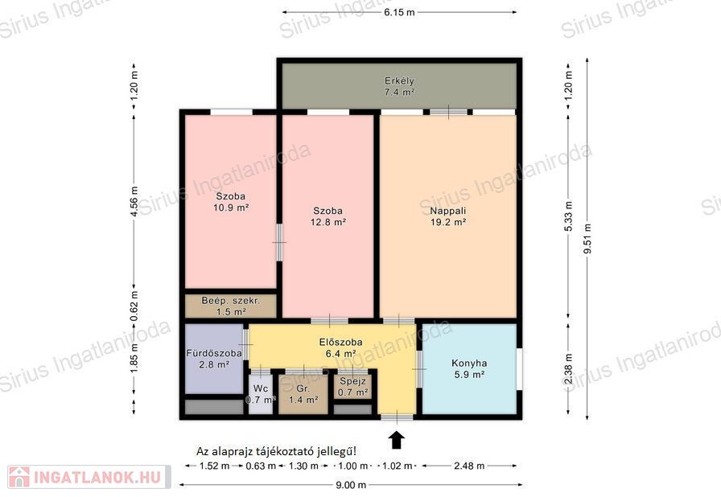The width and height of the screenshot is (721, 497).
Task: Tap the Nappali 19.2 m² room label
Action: tap(448, 216)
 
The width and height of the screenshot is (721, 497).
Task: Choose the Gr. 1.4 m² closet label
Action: tap(303, 394)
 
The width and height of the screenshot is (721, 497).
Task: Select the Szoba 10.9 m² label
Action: tap(231, 202)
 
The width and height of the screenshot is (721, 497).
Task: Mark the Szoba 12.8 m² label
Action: tap(328, 216)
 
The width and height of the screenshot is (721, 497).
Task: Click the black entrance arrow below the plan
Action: tap(398, 439)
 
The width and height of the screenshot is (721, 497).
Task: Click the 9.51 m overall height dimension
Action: tap(587, 238)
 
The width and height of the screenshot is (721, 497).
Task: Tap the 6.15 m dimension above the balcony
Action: tap(399, 12)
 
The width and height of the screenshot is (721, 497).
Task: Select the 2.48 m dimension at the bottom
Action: tap(469, 466)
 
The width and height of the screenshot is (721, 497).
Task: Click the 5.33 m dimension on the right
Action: tap(569, 216)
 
